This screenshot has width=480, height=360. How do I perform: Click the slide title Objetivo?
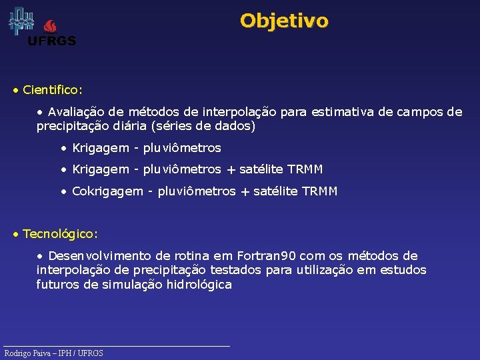click(x=284, y=21)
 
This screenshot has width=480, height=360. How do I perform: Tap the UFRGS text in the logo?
click(x=51, y=41)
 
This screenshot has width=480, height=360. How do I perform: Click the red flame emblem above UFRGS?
click(x=51, y=26)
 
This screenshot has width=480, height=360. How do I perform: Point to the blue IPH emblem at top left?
click(x=21, y=21)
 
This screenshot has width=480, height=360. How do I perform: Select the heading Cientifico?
click(x=53, y=89)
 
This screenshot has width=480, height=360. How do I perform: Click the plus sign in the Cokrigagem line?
click(x=244, y=192)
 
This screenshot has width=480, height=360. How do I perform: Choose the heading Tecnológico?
click(x=60, y=234)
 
